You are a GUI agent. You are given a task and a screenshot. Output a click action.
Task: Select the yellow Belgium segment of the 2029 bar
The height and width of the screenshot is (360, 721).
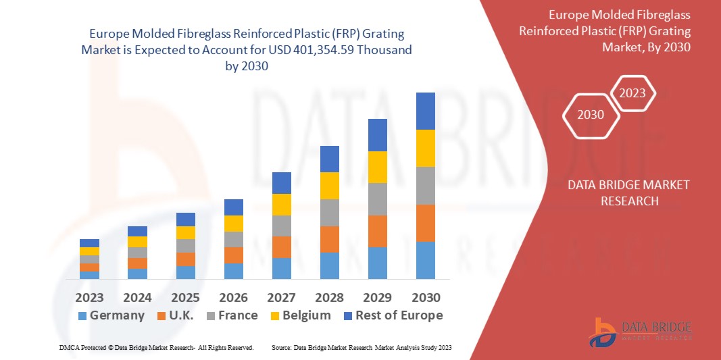click(378, 167)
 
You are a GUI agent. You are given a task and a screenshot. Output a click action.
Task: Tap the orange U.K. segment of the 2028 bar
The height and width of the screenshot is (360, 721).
click(329, 239)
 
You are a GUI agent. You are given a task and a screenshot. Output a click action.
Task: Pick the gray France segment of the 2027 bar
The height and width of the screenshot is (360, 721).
click(282, 226)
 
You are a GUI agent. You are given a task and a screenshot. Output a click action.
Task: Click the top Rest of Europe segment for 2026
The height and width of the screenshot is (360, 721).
click(234, 207)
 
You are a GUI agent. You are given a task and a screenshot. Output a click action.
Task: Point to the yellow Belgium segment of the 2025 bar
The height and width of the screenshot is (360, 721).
click(186, 232)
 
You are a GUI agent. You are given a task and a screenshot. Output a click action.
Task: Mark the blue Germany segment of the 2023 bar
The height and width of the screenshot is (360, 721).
click(89, 275)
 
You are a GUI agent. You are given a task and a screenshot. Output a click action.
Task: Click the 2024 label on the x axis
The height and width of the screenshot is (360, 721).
click(137, 298)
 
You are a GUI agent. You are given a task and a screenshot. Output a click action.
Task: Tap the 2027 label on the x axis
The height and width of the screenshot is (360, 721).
click(282, 298)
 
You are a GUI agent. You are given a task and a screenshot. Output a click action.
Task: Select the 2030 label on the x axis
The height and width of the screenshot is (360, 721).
click(426, 298)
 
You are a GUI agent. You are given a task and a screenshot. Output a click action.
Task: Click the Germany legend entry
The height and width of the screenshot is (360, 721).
click(111, 315)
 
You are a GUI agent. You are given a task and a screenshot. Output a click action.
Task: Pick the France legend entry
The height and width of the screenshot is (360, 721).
click(230, 315)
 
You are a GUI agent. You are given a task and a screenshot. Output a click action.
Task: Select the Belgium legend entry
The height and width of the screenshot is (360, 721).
click(299, 315)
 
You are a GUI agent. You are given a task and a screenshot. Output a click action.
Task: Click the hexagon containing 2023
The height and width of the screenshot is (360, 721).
click(633, 93)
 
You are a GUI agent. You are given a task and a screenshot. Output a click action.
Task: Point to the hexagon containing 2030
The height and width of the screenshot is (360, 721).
click(591, 115)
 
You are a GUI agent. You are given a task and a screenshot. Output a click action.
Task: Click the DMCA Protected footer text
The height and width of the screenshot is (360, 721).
click(155, 347)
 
